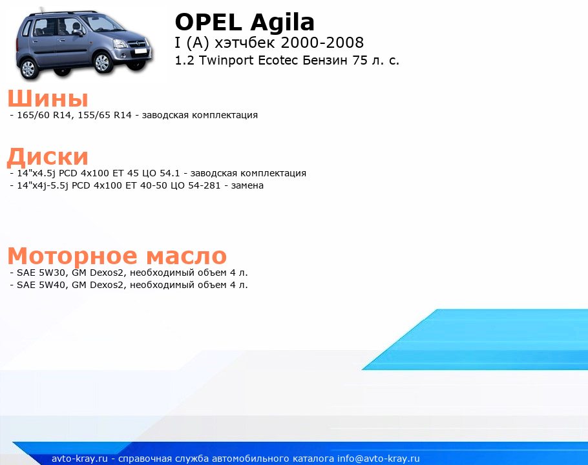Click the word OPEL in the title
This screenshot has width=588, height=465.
[x=209, y=22]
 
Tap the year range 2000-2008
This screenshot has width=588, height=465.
[x=322, y=43]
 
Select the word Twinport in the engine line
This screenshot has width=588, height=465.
[x=226, y=61]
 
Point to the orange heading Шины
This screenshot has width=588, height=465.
[x=48, y=99]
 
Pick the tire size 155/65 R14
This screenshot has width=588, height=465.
[x=105, y=115]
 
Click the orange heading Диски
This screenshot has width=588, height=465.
[x=48, y=157]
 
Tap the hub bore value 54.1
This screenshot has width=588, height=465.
[x=170, y=173]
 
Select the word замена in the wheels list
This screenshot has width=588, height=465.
[x=247, y=185]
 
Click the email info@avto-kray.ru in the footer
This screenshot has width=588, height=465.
[x=379, y=459]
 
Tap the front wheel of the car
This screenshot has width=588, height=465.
[x=101, y=62]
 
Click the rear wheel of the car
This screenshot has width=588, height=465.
[x=28, y=68]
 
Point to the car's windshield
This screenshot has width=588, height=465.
[x=102, y=23]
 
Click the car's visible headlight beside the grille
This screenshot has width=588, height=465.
[x=120, y=44]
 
